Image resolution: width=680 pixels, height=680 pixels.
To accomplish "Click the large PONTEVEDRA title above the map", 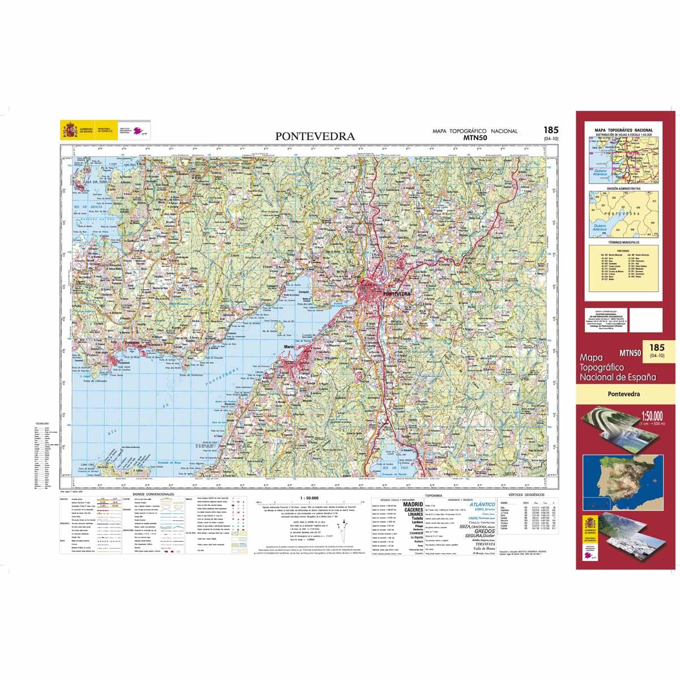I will click(315, 137).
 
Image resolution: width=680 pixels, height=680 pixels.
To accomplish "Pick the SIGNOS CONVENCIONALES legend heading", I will click(153, 494).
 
